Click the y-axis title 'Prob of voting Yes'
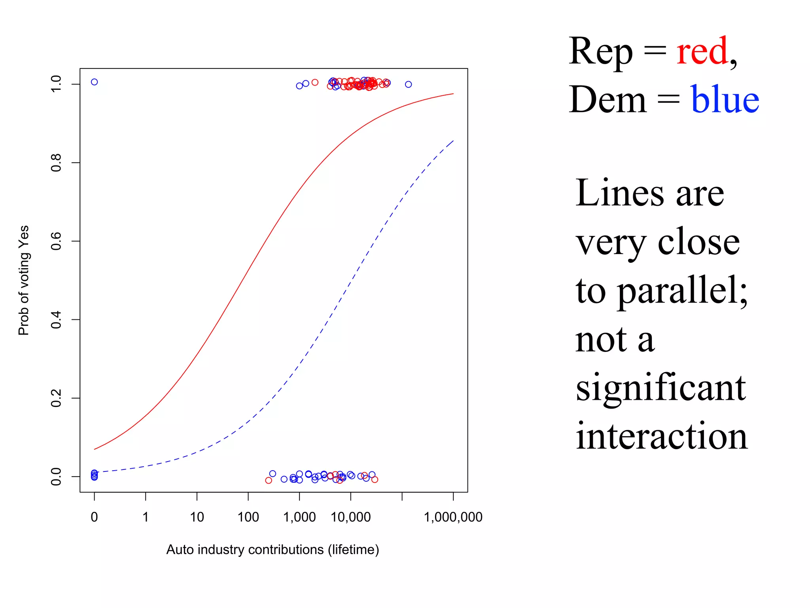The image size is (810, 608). [x=24, y=280]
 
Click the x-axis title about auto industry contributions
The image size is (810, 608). [x=273, y=550]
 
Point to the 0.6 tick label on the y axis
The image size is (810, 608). [x=56, y=241]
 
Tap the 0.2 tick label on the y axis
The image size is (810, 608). [x=56, y=398]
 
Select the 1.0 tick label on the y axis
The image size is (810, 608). [x=56, y=84]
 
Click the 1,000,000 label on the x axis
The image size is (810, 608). [x=453, y=517]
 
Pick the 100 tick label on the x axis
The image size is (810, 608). [x=248, y=517]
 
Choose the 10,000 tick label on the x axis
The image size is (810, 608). [x=350, y=517]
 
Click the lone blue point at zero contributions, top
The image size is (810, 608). [x=94, y=82]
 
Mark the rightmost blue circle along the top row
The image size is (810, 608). [x=408, y=84]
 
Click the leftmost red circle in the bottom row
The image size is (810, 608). [x=269, y=480]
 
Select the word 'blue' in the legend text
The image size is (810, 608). [x=725, y=100]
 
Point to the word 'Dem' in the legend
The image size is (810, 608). [x=607, y=100]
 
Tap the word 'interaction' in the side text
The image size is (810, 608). [x=661, y=436]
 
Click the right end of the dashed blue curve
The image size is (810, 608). [x=453, y=140]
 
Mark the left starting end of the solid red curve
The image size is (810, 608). [x=95, y=449]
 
